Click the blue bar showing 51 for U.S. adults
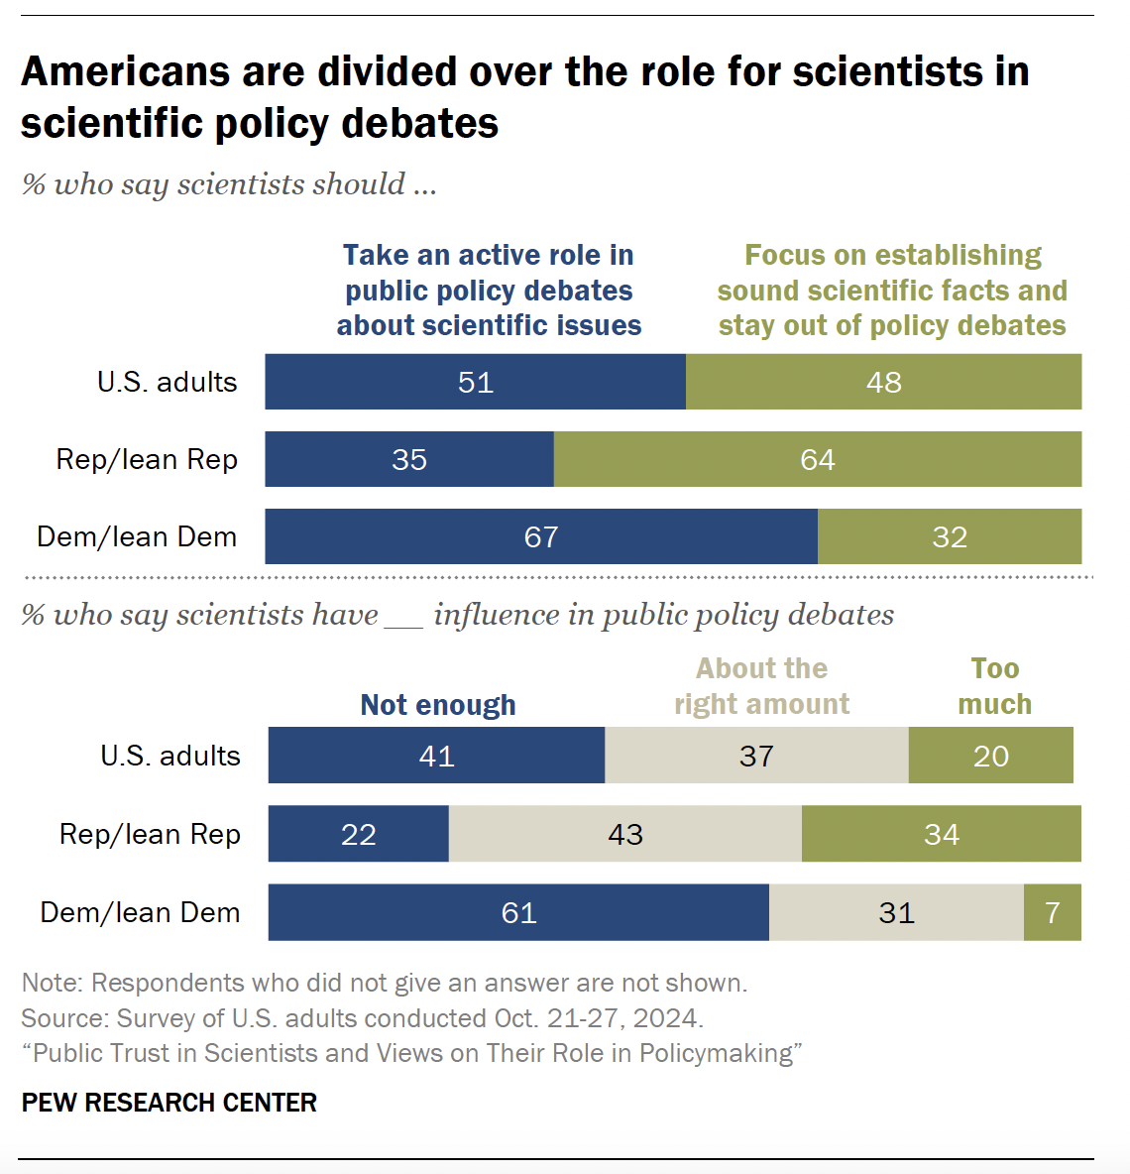475,382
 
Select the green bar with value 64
817,459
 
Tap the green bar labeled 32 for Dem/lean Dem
949,536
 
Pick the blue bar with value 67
541,536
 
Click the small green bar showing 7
1053,912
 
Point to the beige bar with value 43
624,834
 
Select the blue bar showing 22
358,834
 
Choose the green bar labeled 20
990,756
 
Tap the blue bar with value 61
518,912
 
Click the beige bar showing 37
756,756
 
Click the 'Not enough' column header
438,705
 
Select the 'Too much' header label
994,686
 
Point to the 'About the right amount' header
761,686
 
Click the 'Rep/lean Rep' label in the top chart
147,460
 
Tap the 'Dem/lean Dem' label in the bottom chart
140,913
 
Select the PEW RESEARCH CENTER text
169,1103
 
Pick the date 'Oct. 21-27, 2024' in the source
598,1018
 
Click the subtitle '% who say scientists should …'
229,184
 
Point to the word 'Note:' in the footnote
53,983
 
